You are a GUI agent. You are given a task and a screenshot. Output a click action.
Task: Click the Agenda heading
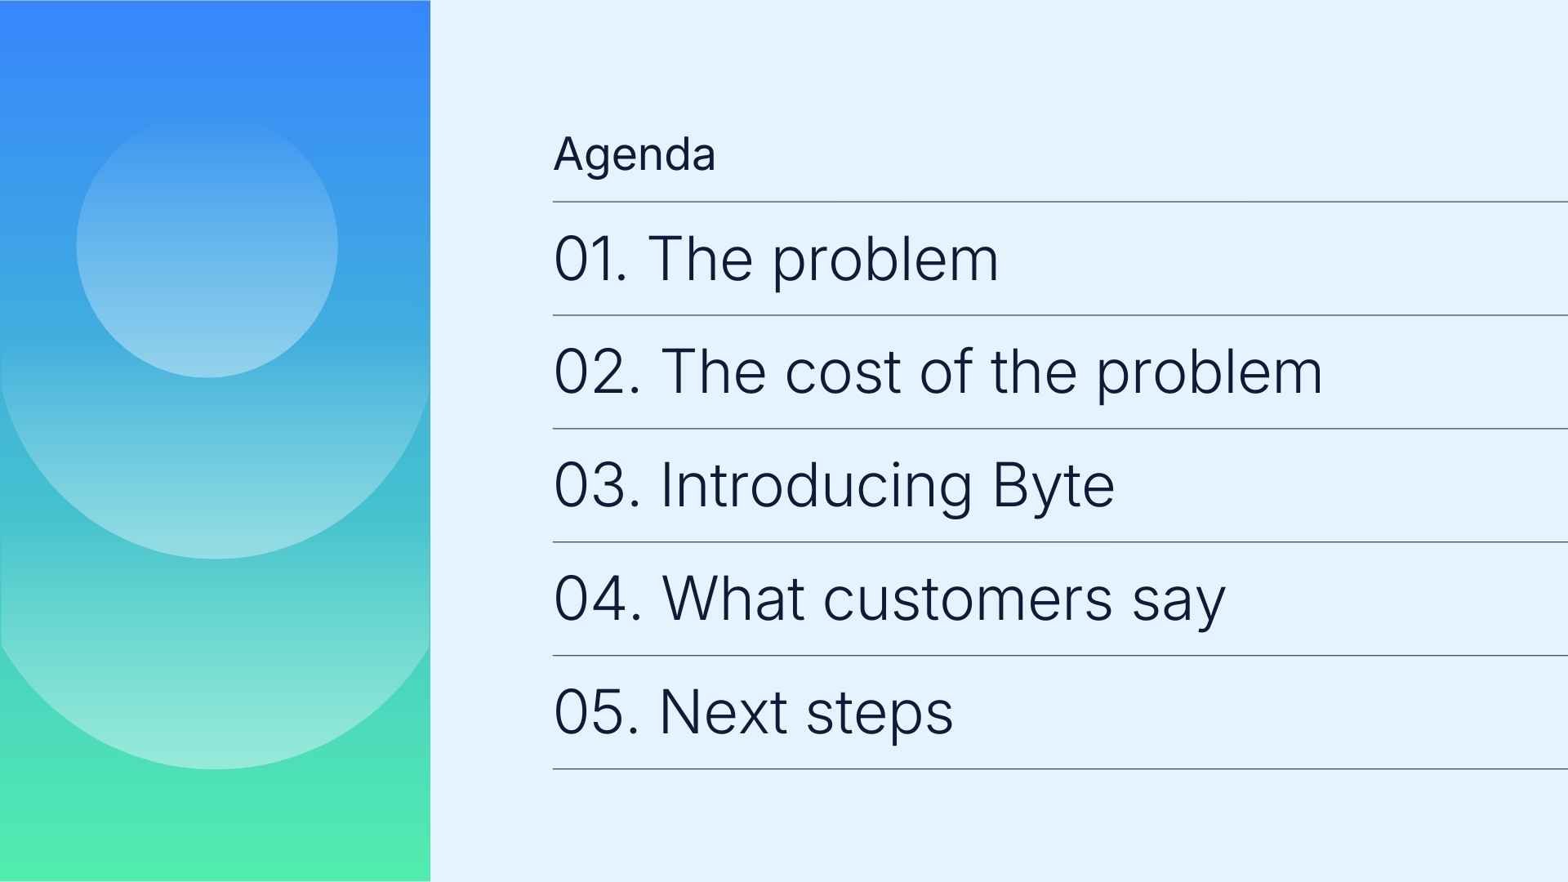pos(635,154)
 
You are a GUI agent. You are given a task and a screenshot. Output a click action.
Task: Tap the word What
pos(733,599)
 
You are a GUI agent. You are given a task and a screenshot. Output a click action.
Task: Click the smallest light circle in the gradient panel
pos(207,247)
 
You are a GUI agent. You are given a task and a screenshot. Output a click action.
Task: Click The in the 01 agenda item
pos(699,259)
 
